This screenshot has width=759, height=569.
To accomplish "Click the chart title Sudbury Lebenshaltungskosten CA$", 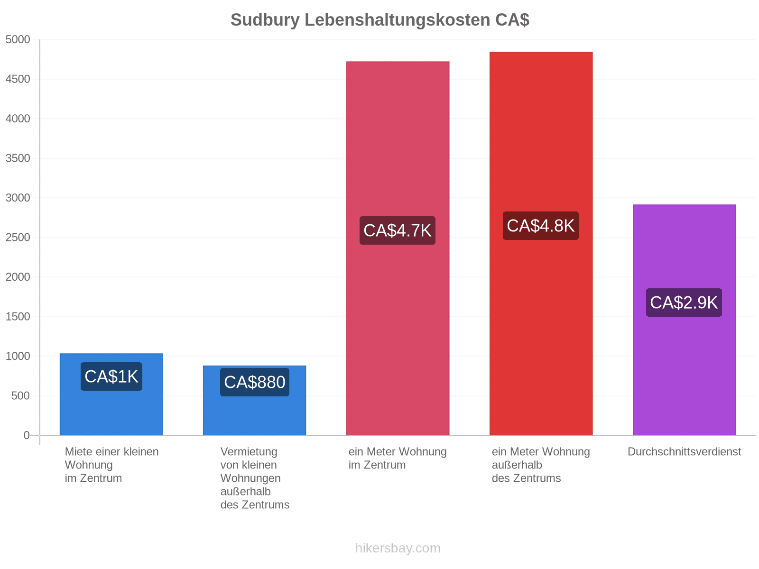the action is tap(379, 20).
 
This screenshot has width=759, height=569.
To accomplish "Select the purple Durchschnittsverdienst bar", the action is tap(684, 319).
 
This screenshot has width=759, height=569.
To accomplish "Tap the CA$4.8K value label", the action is tap(540, 225).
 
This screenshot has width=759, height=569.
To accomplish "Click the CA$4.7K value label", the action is tap(397, 230).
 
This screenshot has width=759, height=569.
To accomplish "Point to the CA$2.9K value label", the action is tap(683, 303).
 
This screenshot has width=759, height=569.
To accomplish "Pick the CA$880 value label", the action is tap(254, 382).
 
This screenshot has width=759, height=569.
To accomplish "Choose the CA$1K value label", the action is tap(111, 376).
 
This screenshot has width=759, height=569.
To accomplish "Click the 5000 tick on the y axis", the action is tap(18, 39).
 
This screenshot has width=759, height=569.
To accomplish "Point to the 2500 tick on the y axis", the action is tap(18, 238).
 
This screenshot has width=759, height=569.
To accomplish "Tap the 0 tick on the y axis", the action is tap(26, 435).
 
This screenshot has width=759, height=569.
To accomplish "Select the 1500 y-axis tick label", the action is tap(18, 316).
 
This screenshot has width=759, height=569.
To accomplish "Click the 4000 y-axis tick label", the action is tap(18, 119).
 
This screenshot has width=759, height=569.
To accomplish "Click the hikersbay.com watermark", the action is tap(398, 548).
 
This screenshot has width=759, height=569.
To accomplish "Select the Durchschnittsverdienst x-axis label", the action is tap(684, 451).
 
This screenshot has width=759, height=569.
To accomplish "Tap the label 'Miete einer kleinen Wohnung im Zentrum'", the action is tap(111, 465).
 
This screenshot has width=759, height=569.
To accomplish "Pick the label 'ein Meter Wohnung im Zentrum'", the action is tap(397, 458).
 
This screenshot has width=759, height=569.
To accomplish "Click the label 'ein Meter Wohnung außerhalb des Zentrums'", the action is tap(540, 465).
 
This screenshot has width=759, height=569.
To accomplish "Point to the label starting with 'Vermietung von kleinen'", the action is tap(254, 478).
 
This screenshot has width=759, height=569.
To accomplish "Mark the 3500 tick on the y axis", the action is tap(18, 158).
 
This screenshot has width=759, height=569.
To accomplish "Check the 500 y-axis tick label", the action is tap(20, 395).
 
